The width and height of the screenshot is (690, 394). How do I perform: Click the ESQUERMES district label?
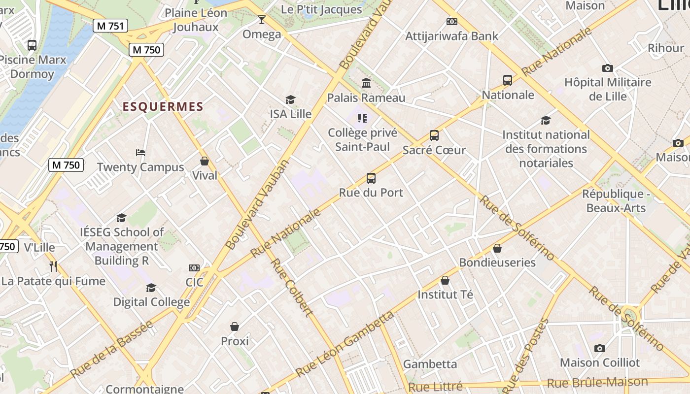(x=163, y=107)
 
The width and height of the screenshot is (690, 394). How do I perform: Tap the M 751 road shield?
(x=111, y=26)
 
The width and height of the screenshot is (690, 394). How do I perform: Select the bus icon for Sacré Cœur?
(x=434, y=135)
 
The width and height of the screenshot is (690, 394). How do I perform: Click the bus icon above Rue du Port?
(x=371, y=178)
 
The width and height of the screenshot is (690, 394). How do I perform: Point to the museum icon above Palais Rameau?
(x=366, y=83)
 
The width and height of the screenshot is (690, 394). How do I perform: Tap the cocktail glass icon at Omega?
(x=261, y=20)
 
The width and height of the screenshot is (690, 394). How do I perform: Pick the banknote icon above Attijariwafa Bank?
(x=451, y=22)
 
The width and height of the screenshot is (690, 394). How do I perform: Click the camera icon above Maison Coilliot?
(x=599, y=349)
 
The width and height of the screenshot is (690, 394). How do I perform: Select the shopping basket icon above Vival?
(x=205, y=161)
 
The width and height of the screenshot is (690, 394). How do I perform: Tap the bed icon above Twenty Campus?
(x=140, y=153)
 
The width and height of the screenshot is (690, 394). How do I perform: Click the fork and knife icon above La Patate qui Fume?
(x=53, y=266)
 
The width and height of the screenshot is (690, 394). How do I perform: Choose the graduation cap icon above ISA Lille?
(x=290, y=100)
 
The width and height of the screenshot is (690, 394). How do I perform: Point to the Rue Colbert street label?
(x=291, y=288)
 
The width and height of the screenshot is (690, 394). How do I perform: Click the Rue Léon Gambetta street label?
(x=345, y=343)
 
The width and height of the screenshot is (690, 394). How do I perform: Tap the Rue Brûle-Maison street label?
(x=597, y=383)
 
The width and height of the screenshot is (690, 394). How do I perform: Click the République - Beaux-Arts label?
(x=616, y=201)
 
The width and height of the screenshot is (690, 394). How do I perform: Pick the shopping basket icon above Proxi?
(x=235, y=327)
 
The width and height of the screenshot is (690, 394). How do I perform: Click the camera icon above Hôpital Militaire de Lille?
(x=607, y=68)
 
